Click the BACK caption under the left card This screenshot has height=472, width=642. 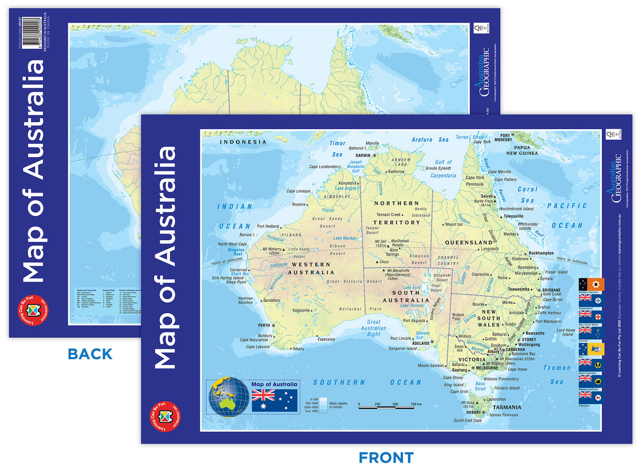(90, 354)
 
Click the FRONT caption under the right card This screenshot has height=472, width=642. (386, 457)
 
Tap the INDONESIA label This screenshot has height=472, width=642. (244, 142)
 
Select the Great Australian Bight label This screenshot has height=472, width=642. (373, 328)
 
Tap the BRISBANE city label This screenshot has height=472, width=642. (551, 290)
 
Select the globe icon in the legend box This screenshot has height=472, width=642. (228, 396)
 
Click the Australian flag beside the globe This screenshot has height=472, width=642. (274, 400)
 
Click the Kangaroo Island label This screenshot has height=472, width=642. (403, 349)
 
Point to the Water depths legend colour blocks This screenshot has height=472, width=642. (323, 405)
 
